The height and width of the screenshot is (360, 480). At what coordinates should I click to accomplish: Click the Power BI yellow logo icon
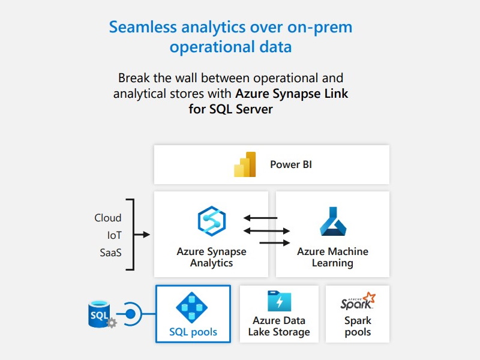tap(245, 164)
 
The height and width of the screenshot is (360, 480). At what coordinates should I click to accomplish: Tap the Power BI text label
tap(291, 164)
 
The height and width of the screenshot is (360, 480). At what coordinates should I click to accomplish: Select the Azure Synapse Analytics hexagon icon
tap(211, 221)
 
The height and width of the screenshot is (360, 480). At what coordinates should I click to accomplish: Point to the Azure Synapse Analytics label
tap(211, 257)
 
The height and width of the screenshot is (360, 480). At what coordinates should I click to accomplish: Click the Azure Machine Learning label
tap(332, 257)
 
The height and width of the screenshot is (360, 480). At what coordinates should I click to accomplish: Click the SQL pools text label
tap(193, 332)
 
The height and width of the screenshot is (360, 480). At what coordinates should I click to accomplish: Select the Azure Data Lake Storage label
tap(279, 326)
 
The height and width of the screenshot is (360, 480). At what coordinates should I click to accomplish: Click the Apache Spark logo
tap(358, 302)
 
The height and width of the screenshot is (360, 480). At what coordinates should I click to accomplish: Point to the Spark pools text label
tap(358, 326)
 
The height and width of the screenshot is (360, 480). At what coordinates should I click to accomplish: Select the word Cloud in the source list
tap(108, 218)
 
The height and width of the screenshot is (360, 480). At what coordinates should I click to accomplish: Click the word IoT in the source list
tap(114, 235)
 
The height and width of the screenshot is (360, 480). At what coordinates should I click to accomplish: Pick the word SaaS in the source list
tap(110, 253)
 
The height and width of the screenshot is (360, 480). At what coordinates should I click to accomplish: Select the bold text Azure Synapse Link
tap(292, 94)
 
